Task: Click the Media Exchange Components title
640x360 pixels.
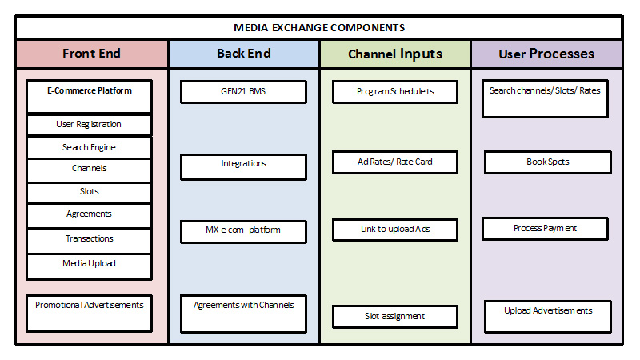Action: [318, 27]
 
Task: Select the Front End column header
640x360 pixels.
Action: [91, 54]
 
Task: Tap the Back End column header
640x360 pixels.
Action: [243, 54]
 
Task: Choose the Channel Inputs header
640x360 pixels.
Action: [394, 54]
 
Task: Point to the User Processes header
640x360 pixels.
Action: [546, 54]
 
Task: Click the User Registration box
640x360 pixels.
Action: [89, 125]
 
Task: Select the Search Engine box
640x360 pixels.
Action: [89, 148]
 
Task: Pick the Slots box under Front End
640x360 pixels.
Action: [89, 192]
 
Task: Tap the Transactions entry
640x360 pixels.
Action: [89, 238]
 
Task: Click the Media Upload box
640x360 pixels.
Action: [89, 263]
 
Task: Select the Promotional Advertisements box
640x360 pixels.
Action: [89, 313]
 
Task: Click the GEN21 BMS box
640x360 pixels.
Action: [243, 92]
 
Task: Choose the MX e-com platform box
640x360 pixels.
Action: [243, 232]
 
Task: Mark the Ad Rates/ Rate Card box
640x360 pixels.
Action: [394, 162]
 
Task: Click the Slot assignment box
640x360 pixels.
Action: [394, 317]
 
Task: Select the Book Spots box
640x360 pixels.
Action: [547, 162]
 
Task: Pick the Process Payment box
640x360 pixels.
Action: [545, 229]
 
